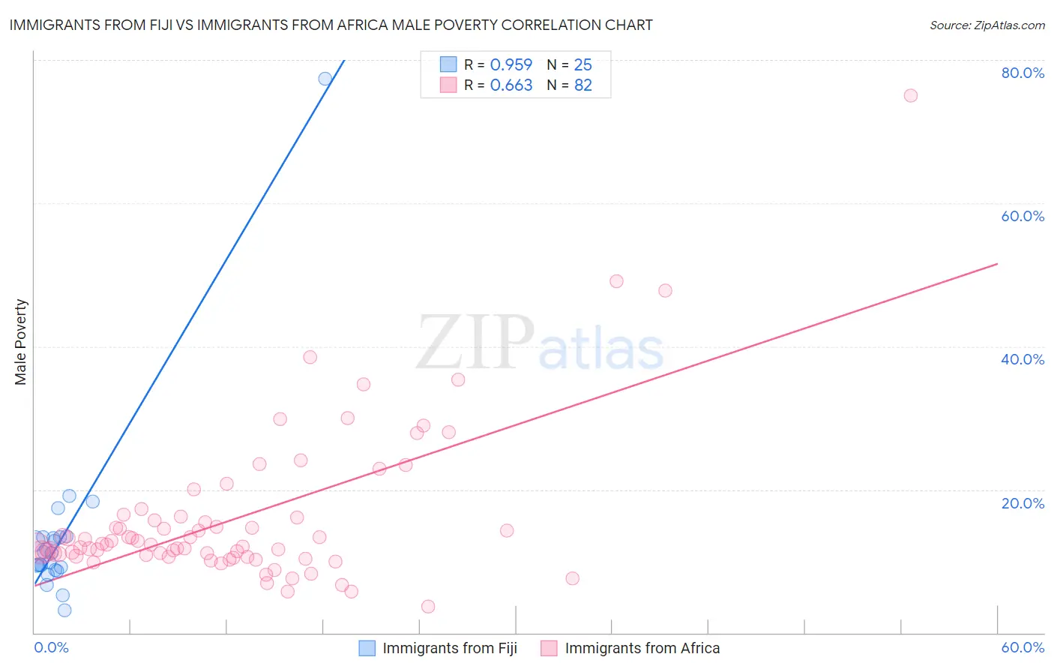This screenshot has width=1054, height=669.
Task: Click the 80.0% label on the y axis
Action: pos(1023,73)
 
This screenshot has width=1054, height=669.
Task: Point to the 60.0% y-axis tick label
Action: pos(1023,216)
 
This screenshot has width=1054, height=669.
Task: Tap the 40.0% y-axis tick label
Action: pos(1023,359)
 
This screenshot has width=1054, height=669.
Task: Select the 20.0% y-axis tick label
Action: pos(1023,503)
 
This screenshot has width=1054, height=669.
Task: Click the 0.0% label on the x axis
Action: pos(51,647)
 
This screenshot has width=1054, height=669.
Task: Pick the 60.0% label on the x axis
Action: pos(1023,647)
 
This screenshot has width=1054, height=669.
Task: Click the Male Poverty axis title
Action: pos(21,342)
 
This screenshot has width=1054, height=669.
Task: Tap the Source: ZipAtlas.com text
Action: pos(987,25)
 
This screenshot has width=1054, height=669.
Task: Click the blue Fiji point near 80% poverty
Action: pos(325,79)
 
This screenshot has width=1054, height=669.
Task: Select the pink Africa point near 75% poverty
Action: pos(910,95)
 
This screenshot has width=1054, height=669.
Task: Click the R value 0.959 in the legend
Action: pos(511,65)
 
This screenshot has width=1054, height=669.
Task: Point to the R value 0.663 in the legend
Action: pos(511,85)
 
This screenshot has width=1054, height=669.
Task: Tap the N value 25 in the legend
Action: pos(582,65)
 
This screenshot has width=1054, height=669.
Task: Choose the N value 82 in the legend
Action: pos(582,85)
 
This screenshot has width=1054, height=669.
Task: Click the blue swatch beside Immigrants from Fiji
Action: pos(367,648)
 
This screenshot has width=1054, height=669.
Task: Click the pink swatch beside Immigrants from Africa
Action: pos(549,648)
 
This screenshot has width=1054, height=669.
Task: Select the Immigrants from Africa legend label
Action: pos(642,648)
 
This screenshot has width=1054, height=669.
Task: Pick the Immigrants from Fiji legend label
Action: pos(450,648)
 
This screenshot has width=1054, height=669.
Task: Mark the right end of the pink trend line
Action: pos(997,264)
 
